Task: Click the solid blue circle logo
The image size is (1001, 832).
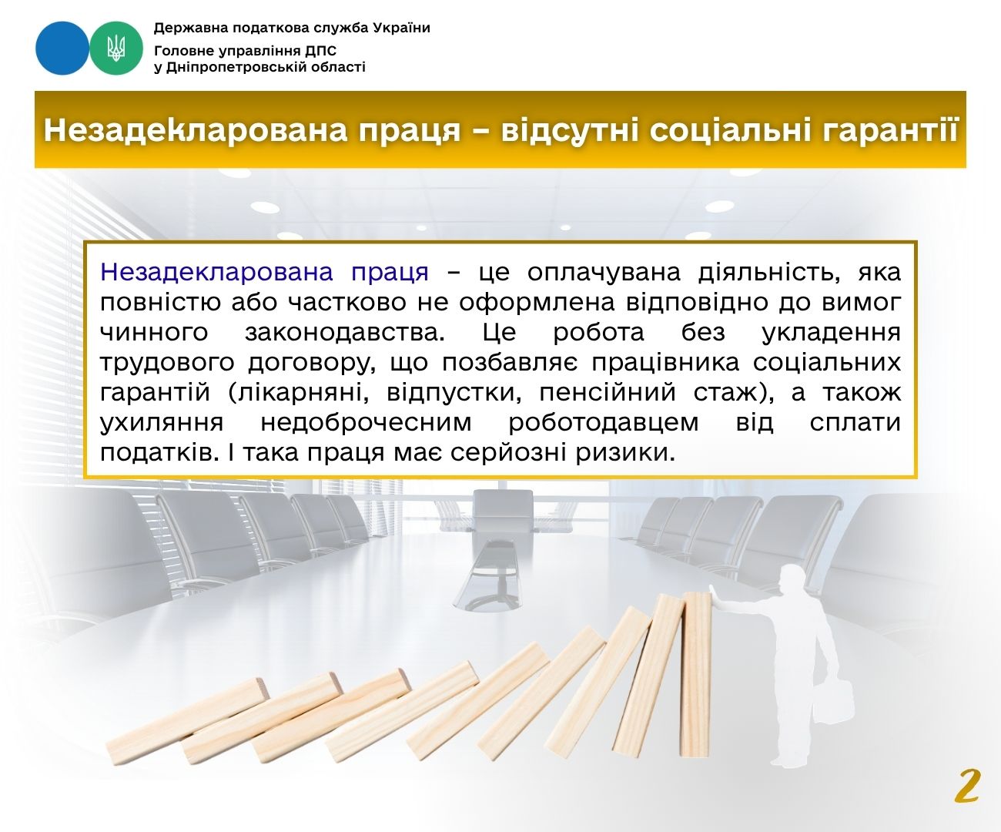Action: click(62, 48)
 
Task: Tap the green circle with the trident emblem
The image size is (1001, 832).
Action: click(116, 48)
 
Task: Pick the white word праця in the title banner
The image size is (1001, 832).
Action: click(410, 131)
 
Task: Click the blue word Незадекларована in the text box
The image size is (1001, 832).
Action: click(216, 273)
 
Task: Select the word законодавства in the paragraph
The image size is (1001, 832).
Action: click(345, 332)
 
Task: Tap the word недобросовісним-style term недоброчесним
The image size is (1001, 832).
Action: click(366, 422)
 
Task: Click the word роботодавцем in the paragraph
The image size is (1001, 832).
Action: click(603, 422)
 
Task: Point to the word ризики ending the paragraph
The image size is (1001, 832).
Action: click(625, 453)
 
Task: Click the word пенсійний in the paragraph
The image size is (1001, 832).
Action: click(608, 393)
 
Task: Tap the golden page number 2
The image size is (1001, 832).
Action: click(967, 786)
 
